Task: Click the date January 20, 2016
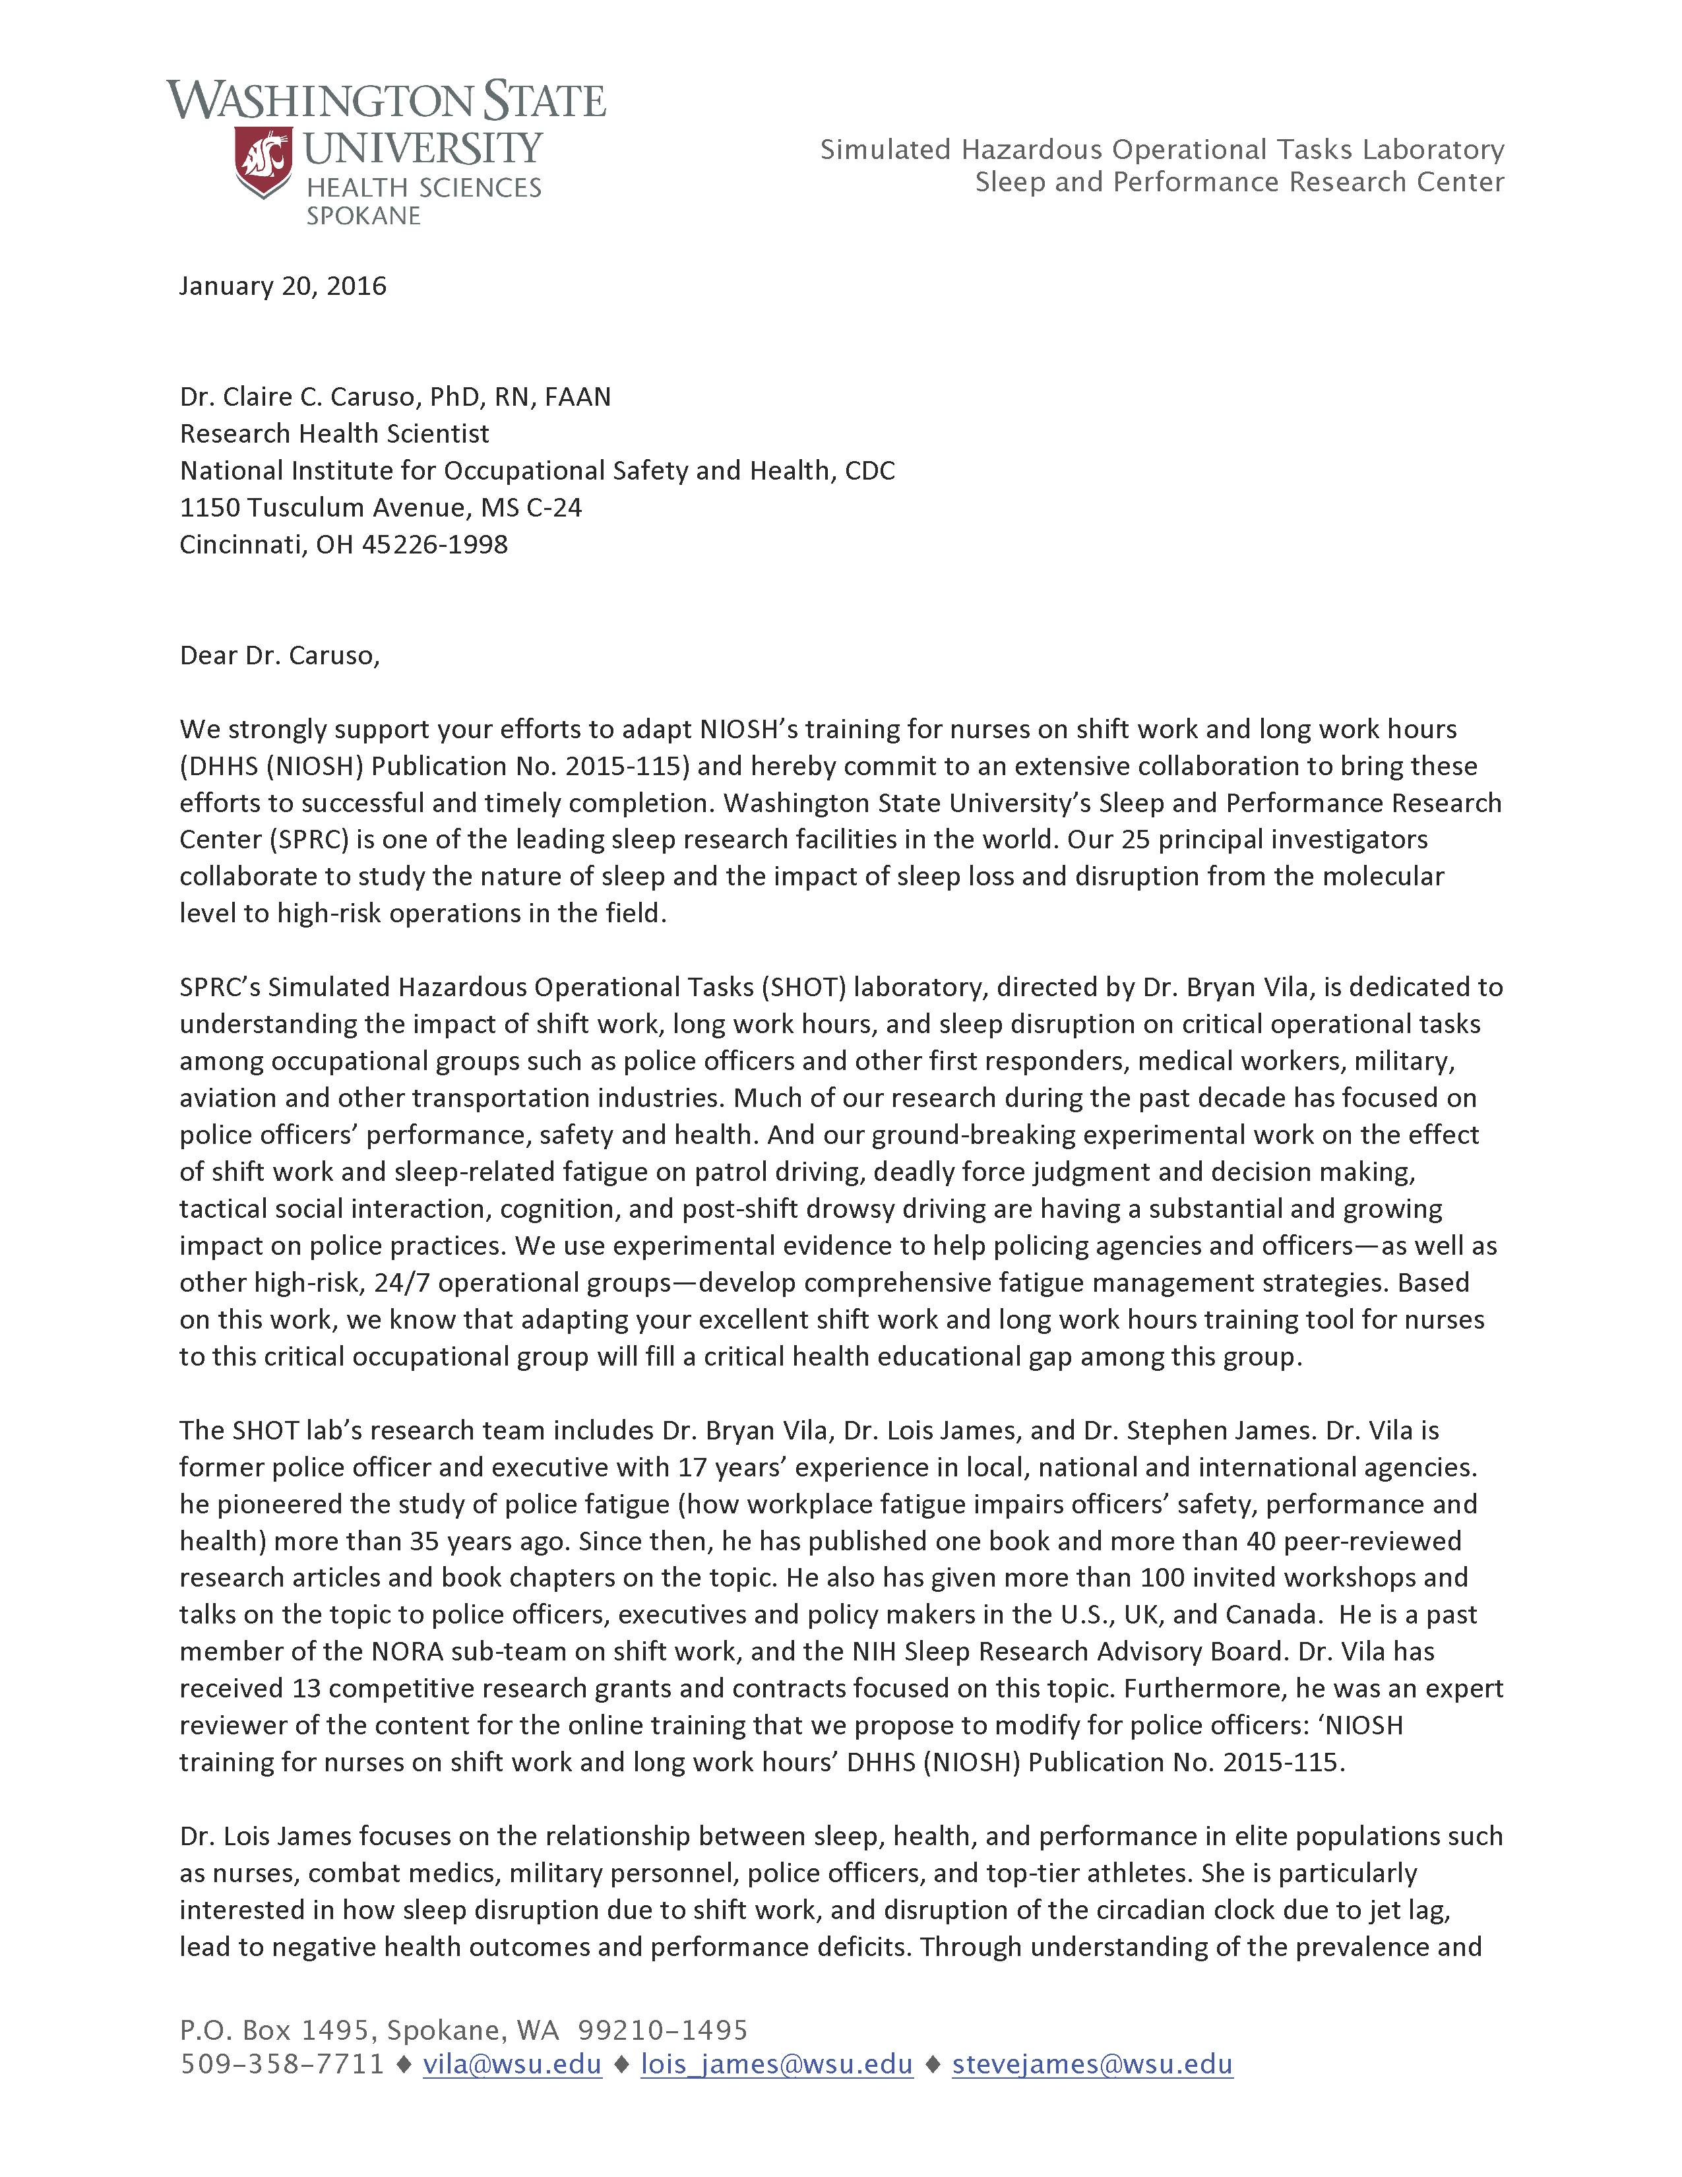[282, 286]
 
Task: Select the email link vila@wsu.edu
[512, 2064]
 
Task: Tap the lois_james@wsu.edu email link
[776, 2064]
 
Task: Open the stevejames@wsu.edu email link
[1092, 2064]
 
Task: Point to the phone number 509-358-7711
[282, 2064]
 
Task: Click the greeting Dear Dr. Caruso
[279, 655]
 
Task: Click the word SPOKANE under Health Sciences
[363, 216]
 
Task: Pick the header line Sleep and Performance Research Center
[1239, 183]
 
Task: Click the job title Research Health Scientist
[334, 433]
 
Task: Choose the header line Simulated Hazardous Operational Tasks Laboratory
[1161, 150]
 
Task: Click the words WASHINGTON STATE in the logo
[386, 102]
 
